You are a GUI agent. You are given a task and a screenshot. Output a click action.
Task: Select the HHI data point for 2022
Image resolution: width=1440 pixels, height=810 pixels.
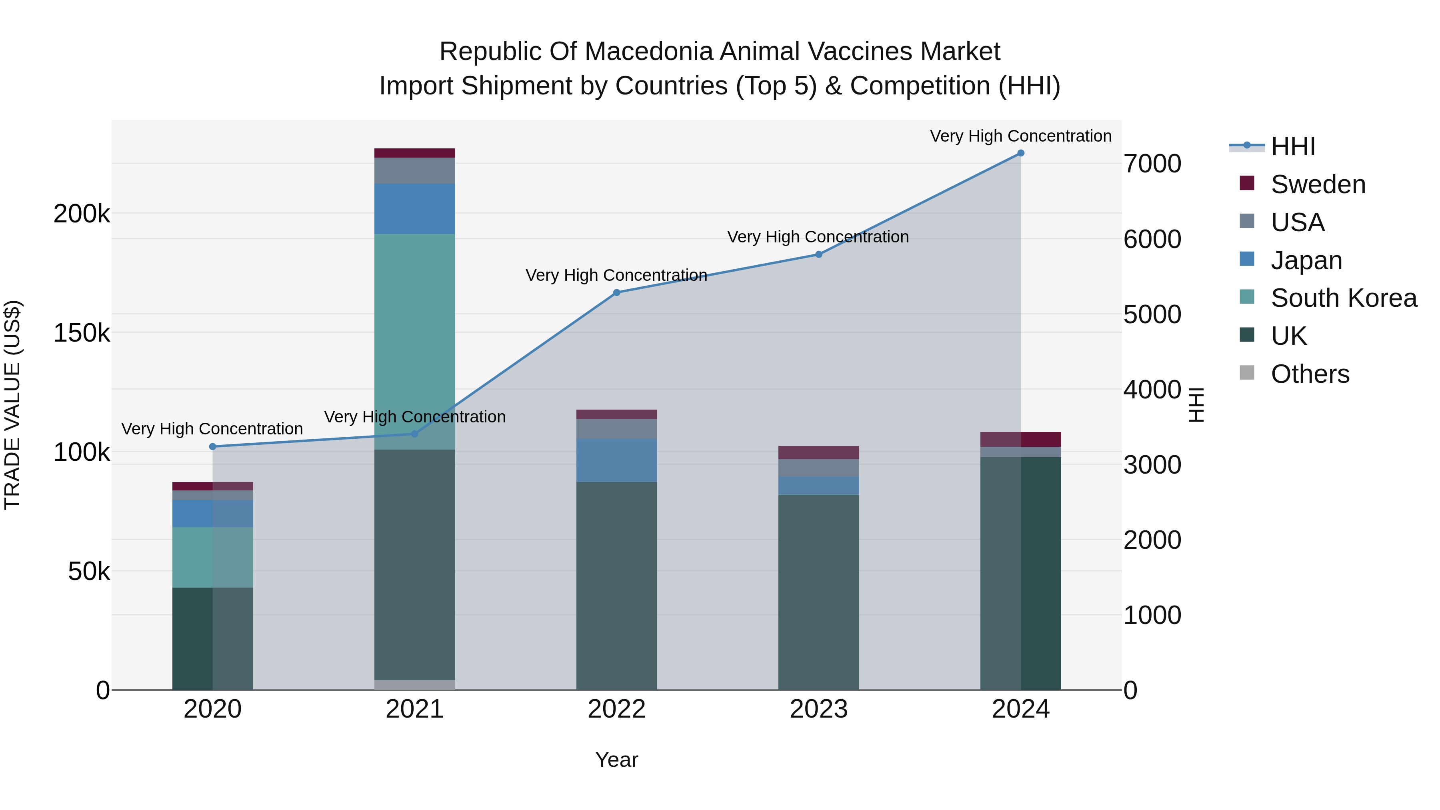[x=616, y=292]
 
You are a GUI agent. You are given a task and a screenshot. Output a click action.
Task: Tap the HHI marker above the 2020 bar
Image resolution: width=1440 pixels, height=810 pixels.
[x=212, y=447]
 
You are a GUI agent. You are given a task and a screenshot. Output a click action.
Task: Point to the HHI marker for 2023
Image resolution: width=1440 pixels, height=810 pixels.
[x=818, y=254]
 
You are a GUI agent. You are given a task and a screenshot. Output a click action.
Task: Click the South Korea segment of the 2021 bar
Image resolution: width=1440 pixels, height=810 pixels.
[x=414, y=341]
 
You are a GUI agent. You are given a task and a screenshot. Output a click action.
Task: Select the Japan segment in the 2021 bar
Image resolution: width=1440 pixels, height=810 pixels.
[x=414, y=208]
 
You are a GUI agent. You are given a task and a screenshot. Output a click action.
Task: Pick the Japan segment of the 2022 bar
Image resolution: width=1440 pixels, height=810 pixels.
[x=616, y=460]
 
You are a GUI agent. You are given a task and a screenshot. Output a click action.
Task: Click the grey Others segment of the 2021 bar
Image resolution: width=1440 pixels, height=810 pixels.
[x=414, y=684]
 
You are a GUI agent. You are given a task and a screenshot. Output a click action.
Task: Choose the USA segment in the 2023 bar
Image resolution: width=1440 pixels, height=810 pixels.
[x=818, y=468]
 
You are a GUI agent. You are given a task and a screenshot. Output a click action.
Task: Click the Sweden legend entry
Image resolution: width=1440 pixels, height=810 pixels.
[x=1318, y=184]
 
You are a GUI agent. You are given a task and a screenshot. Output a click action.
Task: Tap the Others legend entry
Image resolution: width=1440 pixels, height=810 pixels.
[x=1310, y=374]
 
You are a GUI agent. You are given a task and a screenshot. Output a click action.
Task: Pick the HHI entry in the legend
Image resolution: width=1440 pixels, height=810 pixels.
[x=1292, y=146]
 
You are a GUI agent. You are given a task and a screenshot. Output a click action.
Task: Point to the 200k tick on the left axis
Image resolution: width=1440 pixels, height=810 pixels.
[x=82, y=214]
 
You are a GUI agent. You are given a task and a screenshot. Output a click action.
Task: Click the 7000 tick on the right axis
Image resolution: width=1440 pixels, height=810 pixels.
[x=1152, y=164]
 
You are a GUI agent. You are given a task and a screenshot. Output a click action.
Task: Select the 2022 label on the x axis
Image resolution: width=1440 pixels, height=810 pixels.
[x=616, y=709]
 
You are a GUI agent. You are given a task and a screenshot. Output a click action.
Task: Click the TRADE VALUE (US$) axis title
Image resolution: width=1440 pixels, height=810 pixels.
[x=12, y=405]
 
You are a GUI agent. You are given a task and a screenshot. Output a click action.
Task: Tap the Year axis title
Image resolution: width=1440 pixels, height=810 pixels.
[x=616, y=760]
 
